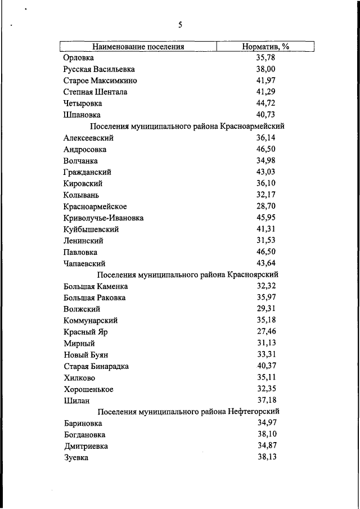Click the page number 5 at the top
point(180,25)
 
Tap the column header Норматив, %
point(265,47)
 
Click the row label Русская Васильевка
point(100,69)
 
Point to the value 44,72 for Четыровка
point(265,103)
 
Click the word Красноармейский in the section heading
point(253,126)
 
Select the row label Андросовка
point(85,149)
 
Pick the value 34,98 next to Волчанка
point(265,160)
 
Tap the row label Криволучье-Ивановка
point(103,218)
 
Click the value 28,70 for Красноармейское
point(265,206)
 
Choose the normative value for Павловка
point(265,252)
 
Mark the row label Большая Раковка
point(94,298)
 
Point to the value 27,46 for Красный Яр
point(265,332)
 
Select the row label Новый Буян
point(85,355)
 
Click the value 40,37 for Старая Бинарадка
point(265,366)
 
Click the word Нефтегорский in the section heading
point(253,412)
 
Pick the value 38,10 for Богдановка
point(265,435)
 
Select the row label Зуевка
point(76,458)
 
